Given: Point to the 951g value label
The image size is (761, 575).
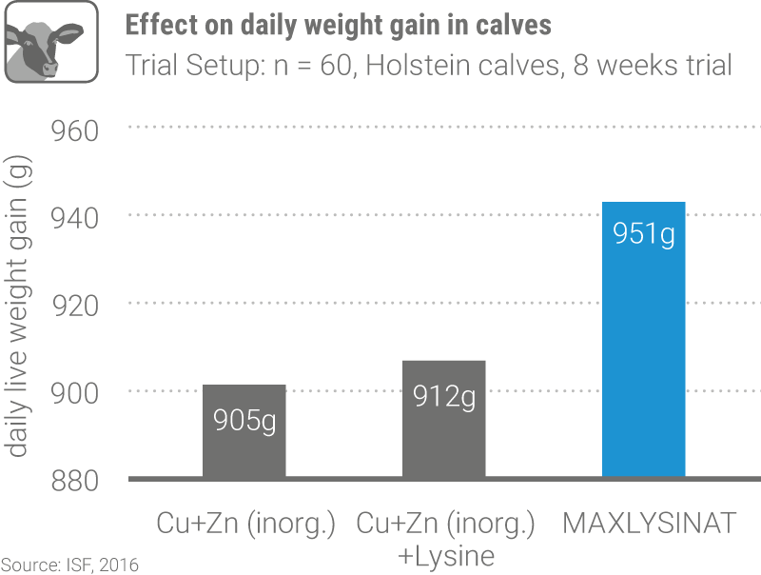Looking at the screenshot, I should pos(644,233).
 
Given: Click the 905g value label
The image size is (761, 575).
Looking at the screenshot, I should pos(244,419).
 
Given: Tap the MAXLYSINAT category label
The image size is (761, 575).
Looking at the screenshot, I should pos(650,524).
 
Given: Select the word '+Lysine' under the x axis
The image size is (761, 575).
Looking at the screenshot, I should pos(445,555).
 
